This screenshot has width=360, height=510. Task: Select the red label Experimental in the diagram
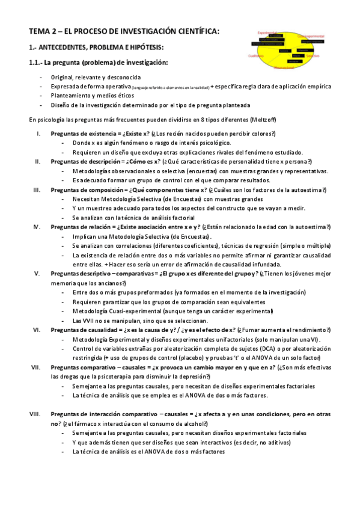pos(266,32)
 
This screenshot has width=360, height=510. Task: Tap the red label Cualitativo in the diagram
pos(257,55)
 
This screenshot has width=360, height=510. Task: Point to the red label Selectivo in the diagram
pos(312,56)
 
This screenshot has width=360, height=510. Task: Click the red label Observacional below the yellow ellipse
pos(284,67)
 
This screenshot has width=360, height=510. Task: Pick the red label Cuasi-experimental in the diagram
pos(311,36)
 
